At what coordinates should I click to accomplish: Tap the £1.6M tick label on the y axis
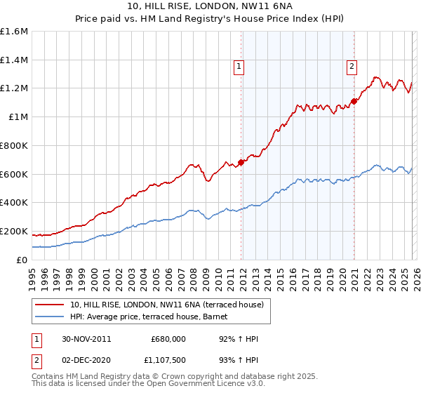pos(13,32)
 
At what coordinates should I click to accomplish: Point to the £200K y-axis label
pos(13,231)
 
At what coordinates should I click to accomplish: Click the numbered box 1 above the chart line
pos(239,67)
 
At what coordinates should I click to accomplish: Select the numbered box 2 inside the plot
pos(351,67)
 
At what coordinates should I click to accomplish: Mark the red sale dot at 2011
pos(241,162)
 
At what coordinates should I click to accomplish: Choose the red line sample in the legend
pos(51,305)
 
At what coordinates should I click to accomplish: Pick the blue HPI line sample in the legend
pos(51,317)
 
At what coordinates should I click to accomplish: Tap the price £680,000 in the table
pos(168,339)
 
